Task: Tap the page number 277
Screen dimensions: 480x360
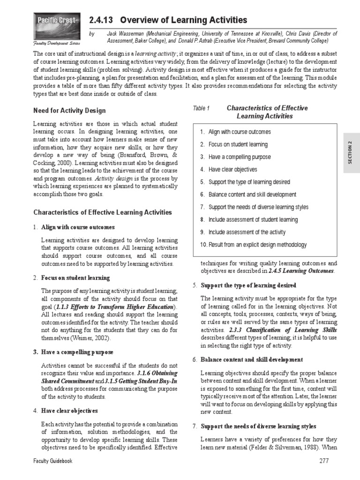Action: coord(323,461)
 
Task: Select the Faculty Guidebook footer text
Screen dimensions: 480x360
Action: coord(52,461)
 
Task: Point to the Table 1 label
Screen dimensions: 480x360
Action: coord(201,108)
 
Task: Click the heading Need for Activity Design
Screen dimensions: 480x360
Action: coord(69,111)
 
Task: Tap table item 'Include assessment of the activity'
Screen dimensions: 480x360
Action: coord(247,232)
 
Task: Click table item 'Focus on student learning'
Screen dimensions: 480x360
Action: coord(238,144)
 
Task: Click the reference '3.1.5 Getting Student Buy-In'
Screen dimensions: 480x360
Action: coord(141,382)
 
